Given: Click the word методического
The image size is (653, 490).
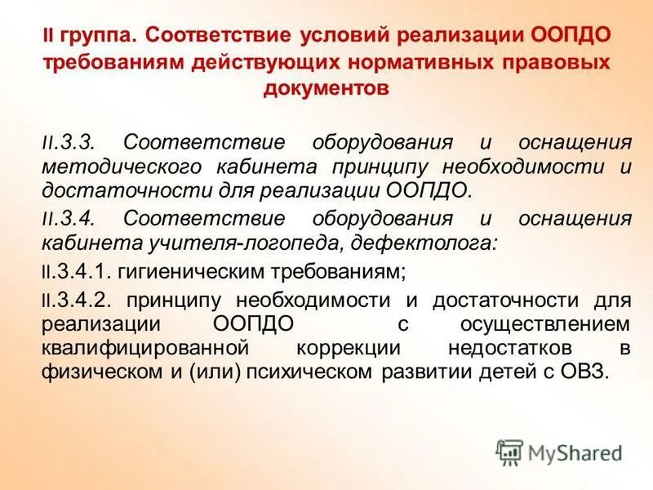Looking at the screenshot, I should click(113, 167).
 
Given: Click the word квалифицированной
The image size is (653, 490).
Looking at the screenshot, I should click(144, 347).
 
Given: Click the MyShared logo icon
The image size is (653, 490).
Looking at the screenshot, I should click(509, 451).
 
